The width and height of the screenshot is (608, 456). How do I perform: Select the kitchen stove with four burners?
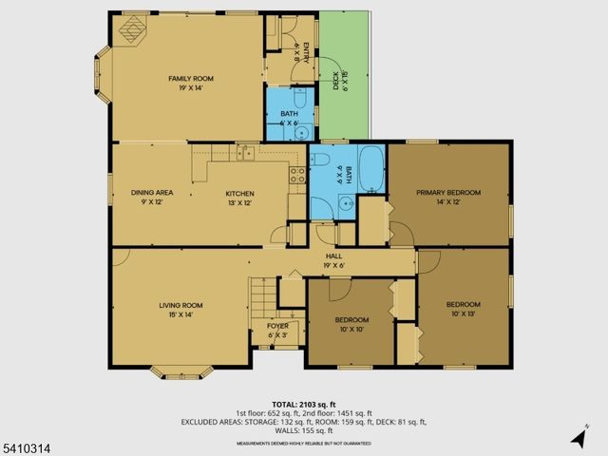pyautogui.click(x=296, y=174)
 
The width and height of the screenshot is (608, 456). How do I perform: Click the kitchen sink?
pyautogui.click(x=246, y=152)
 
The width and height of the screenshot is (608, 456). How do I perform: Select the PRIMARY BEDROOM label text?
pyautogui.click(x=448, y=193)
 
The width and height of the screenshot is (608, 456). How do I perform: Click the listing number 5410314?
pyautogui.click(x=24, y=443)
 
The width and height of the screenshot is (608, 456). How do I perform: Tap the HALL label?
pyautogui.click(x=334, y=256)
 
